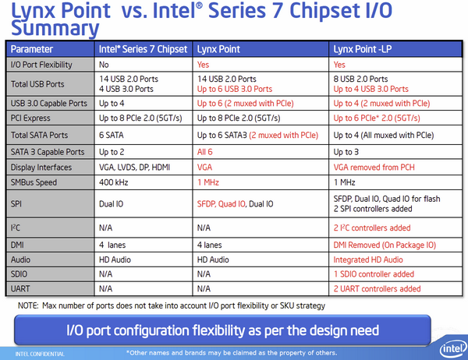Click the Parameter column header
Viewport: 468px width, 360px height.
point(32,48)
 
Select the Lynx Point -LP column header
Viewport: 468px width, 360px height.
point(361,48)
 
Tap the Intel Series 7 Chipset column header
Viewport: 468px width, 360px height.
point(143,48)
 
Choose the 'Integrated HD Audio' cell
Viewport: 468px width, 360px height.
point(368,259)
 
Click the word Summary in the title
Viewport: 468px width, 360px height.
point(54,28)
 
